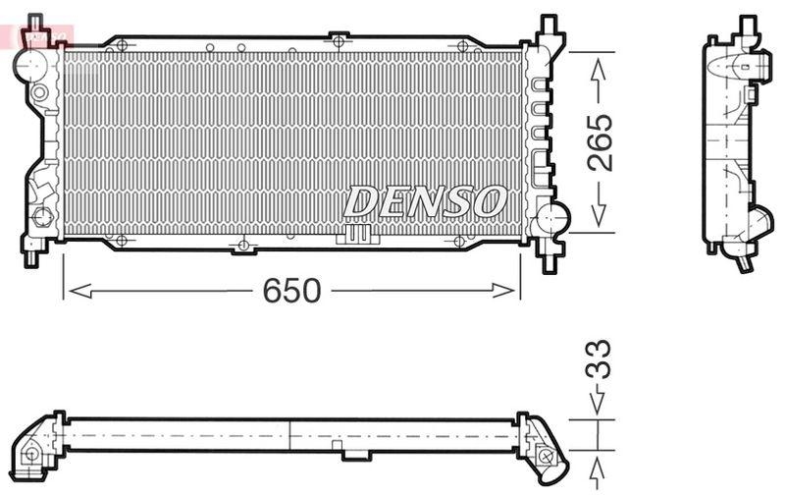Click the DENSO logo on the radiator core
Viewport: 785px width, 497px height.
[425, 202]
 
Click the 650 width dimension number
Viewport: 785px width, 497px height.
[292, 290]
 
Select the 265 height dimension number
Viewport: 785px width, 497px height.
[601, 142]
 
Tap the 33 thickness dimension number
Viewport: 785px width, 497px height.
[599, 359]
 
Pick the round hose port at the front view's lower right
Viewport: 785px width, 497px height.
[552, 216]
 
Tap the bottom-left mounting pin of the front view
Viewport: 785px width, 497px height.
[31, 255]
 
